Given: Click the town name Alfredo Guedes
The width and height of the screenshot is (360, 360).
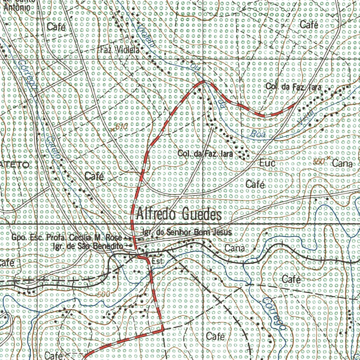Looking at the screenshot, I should (x=179, y=214).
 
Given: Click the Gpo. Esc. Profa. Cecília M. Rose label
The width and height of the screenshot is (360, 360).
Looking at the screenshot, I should (x=66, y=238).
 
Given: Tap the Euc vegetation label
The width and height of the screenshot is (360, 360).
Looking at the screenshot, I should (x=268, y=163).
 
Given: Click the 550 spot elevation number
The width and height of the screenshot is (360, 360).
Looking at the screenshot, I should (x=318, y=162).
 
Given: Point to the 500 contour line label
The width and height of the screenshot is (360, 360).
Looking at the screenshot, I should (x=104, y=294).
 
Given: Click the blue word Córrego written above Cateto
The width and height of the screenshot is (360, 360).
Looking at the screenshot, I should (x=28, y=75).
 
